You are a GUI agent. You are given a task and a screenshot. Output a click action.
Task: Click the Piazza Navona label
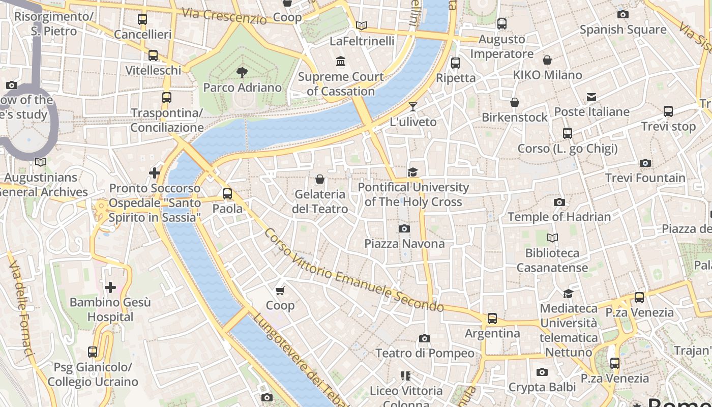click(404, 244)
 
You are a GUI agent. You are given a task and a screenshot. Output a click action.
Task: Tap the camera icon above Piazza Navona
click(404, 229)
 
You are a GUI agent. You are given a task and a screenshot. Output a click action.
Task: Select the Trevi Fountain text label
click(645, 178)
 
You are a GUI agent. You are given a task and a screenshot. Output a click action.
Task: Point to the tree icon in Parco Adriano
click(242, 73)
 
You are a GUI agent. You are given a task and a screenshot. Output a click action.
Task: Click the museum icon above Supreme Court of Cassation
click(341, 62)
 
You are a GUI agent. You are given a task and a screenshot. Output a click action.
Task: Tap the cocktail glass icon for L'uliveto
click(413, 107)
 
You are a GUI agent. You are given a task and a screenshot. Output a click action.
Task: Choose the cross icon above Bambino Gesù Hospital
click(110, 287)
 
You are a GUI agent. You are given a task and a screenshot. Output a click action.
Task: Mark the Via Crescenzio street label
click(224, 16)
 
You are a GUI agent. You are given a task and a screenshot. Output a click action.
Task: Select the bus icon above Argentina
click(492, 318)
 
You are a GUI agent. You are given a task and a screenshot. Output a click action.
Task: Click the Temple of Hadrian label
click(559, 217)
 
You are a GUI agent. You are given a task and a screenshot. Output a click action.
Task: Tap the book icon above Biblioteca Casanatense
click(552, 238)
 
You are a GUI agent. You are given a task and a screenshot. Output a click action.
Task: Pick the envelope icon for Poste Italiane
click(591, 97)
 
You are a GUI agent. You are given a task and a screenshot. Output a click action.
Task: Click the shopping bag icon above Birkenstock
click(515, 102)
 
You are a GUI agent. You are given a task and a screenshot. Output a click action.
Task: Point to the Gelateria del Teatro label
click(320, 201)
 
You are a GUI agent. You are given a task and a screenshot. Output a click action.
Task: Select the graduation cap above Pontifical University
click(413, 172)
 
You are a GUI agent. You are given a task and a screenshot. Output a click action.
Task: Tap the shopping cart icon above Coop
click(280, 290)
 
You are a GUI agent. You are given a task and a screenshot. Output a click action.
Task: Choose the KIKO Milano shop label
click(547, 75)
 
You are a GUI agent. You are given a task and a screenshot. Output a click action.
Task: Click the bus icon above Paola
click(227, 194)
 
